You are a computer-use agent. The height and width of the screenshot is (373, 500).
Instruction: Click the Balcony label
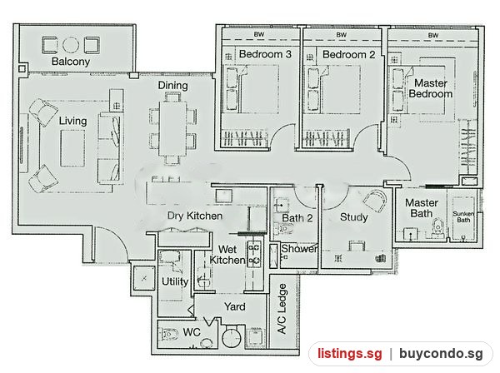tap(71, 62)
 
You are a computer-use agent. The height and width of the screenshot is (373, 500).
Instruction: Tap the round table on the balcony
tap(71, 45)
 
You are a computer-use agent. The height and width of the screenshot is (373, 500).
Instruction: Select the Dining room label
tap(172, 86)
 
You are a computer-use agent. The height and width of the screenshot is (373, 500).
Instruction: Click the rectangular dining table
tap(172, 128)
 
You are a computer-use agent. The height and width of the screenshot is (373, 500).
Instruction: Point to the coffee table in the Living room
tap(72, 148)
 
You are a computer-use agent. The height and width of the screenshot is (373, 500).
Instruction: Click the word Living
tap(73, 121)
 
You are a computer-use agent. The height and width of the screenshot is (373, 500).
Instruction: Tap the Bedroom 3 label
tap(265, 54)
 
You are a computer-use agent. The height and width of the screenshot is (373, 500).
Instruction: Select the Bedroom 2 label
tap(348, 54)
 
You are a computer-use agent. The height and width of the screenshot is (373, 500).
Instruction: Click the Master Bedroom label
tap(431, 88)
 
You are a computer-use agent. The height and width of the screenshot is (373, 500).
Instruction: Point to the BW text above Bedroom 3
tap(259, 34)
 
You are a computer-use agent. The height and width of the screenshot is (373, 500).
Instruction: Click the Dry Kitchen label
tap(195, 216)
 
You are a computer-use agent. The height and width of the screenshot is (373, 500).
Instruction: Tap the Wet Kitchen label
tap(227, 255)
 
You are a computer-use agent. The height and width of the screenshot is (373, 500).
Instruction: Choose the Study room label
tap(353, 217)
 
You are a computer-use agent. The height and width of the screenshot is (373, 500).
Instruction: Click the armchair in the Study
tap(375, 201)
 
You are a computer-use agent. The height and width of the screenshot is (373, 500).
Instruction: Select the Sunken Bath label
tap(463, 216)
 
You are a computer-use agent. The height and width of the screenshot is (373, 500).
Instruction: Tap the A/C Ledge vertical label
tap(282, 309)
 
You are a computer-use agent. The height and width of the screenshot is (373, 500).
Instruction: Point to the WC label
tap(192, 332)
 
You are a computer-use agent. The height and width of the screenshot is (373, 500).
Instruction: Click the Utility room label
tap(175, 281)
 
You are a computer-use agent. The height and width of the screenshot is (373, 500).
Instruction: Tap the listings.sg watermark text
tap(349, 354)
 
